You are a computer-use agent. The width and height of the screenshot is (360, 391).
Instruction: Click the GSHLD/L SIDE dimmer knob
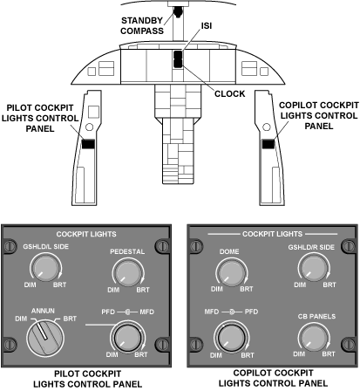pyautogui.click(x=45, y=268)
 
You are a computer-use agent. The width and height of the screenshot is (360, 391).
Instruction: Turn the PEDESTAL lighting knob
pyautogui.click(x=128, y=273)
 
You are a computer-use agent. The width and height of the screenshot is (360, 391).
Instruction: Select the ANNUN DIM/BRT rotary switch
pyautogui.click(x=45, y=337)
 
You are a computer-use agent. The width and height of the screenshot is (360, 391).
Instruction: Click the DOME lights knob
pyautogui.click(x=232, y=273)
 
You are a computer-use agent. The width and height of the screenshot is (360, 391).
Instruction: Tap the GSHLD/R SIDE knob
pyautogui.click(x=314, y=268)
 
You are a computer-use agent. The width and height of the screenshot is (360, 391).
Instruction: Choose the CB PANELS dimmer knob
pyautogui.click(x=314, y=338)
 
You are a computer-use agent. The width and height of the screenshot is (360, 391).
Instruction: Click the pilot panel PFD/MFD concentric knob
pyautogui.click(x=127, y=338)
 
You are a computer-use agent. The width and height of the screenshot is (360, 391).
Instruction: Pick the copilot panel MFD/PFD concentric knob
pyautogui.click(x=232, y=338)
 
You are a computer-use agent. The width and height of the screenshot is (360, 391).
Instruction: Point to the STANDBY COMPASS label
pyautogui.click(x=142, y=25)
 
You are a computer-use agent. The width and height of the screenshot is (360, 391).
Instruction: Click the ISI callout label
pyautogui.click(x=207, y=26)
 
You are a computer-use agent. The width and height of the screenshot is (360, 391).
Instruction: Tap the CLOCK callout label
pyautogui.click(x=230, y=93)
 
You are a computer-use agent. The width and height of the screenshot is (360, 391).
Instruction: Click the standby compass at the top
pyautogui.click(x=178, y=11)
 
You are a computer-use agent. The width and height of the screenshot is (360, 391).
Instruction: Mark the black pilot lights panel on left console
pyautogui.click(x=88, y=144)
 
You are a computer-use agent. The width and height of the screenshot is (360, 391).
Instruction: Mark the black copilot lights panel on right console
pyautogui.click(x=268, y=144)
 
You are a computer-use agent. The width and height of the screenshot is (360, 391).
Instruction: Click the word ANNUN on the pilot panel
pyautogui.click(x=43, y=311)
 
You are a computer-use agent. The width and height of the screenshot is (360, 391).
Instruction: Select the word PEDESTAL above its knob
pyautogui.click(x=127, y=251)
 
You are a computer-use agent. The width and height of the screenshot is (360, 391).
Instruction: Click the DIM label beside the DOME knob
pyautogui.click(x=217, y=289)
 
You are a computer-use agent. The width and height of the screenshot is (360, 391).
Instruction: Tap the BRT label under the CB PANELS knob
pyautogui.click(x=329, y=353)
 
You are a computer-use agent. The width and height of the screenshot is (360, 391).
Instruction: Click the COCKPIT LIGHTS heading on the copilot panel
pyautogui.click(x=272, y=234)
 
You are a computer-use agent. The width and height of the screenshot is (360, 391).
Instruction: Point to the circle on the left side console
pyautogui.click(x=90, y=127)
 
